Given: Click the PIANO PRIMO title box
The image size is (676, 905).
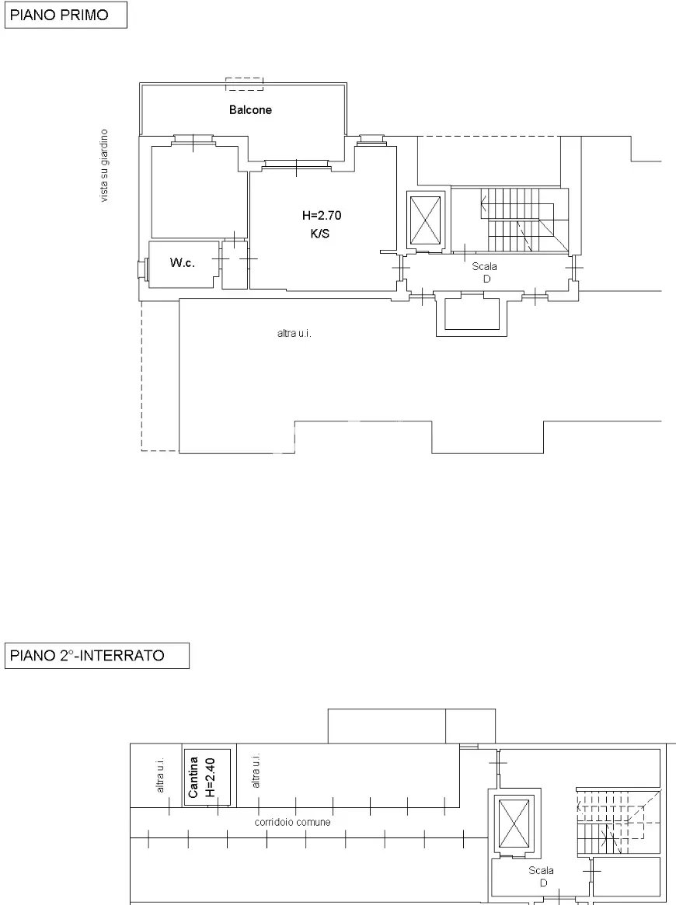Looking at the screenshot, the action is (x=65, y=15).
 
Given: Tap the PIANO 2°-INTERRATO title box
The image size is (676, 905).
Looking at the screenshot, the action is (x=96, y=656).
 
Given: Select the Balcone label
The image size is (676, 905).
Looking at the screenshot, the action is (x=250, y=109).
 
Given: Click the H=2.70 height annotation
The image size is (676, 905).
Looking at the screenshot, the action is (x=322, y=215).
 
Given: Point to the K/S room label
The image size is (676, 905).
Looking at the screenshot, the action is (x=320, y=234).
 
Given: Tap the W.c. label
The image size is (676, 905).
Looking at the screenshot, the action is (x=182, y=262).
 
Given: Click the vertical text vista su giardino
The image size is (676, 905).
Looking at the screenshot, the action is (x=104, y=165).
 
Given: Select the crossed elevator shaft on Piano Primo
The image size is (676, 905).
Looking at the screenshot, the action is (x=425, y=220).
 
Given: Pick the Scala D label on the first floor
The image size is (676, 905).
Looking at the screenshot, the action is (x=485, y=272).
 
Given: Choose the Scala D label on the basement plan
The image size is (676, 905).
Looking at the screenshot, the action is (x=542, y=876).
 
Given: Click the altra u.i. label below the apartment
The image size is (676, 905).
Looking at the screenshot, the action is (x=294, y=333).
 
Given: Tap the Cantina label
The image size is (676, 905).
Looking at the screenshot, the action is (x=193, y=777).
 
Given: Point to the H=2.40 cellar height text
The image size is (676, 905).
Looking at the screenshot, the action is (x=210, y=777).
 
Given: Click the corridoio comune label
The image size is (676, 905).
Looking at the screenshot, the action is (x=293, y=822).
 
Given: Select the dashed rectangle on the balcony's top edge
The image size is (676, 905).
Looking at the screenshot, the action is (x=244, y=85).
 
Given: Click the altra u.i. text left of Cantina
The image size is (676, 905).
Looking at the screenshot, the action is (x=160, y=775).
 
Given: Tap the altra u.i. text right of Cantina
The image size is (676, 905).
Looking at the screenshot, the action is (x=256, y=770).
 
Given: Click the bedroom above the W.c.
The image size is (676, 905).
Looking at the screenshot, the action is (x=195, y=192).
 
